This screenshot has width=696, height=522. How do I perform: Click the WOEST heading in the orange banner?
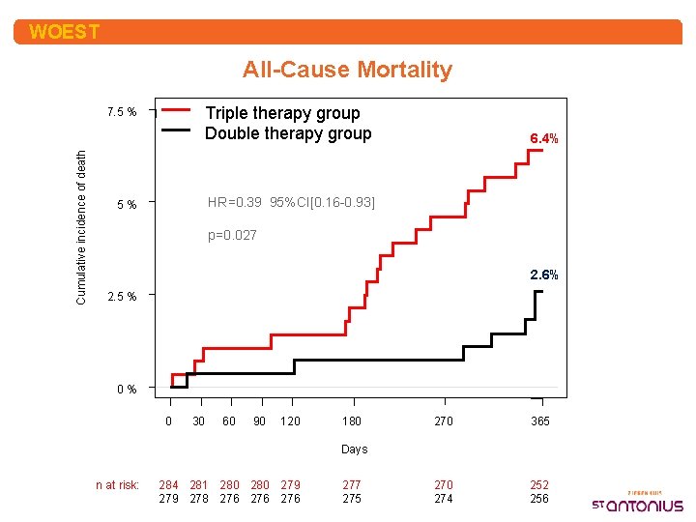tap(64, 32)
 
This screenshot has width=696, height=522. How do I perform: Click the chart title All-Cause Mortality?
tap(347, 70)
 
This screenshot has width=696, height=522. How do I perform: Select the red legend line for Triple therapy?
tap(181, 112)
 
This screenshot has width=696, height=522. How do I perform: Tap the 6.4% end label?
tap(543, 139)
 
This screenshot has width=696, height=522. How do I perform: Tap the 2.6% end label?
tap(543, 275)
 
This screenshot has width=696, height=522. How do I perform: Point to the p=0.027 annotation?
tap(233, 235)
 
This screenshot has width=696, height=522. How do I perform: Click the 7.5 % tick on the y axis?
tap(121, 113)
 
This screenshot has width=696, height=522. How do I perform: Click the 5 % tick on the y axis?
tap(126, 205)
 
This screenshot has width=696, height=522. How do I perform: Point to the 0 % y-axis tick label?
tap(126, 390)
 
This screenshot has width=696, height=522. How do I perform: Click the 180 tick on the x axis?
tap(353, 421)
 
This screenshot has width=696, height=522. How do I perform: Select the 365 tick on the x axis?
tap(539, 421)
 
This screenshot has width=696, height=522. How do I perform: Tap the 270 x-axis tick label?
tap(443, 421)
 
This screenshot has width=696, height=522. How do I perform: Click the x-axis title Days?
tap(354, 449)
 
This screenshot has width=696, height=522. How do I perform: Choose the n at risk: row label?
tap(117, 485)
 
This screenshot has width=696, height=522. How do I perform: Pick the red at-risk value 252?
tap(539, 485)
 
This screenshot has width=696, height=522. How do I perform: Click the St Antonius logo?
tap(637, 501)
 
